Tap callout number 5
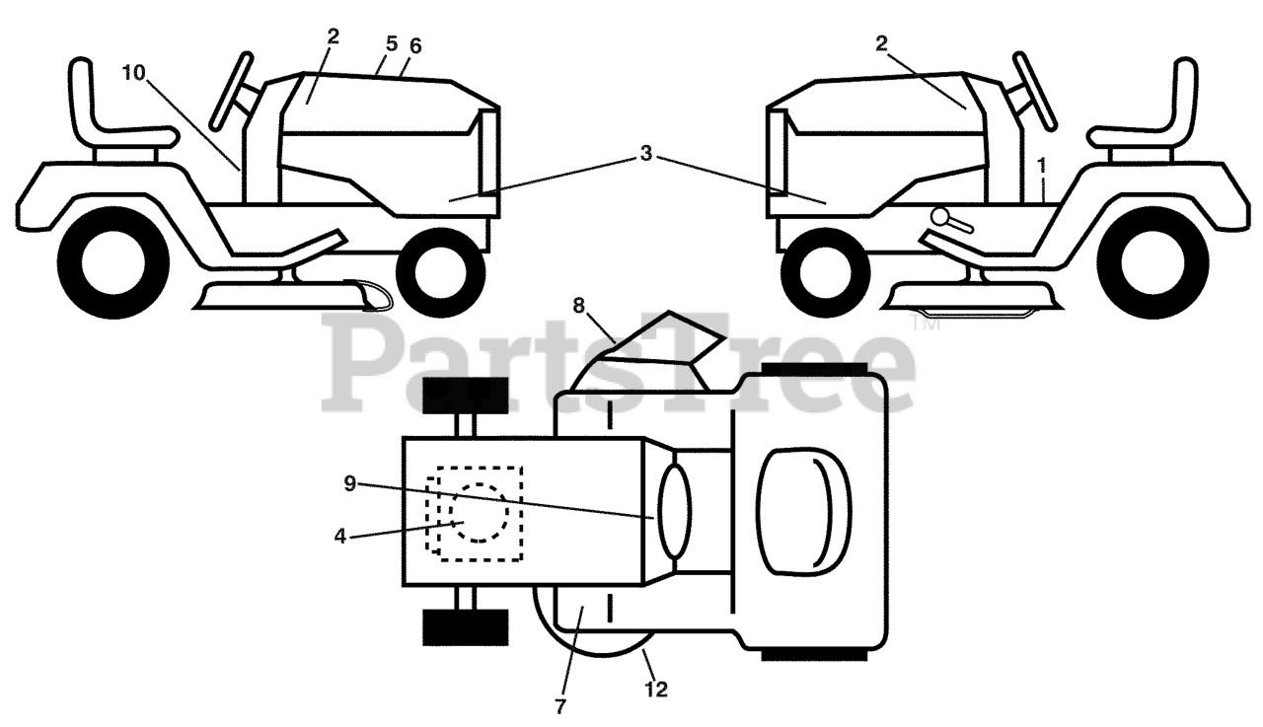pos(392,43)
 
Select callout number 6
pos(414,45)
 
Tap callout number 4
pos(339,539)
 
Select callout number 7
pos(561,706)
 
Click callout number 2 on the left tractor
pos(333,36)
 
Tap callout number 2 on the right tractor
pos(880,42)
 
